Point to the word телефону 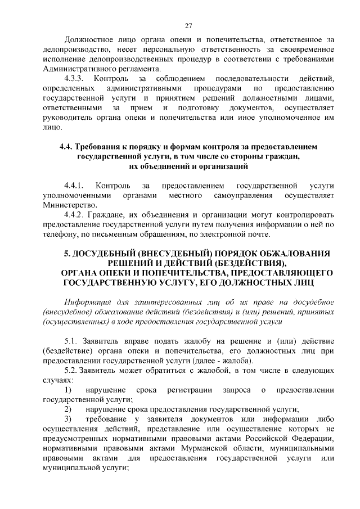click(60, 235)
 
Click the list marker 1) click(67, 390)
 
